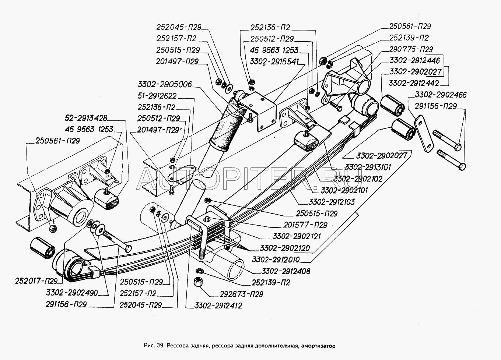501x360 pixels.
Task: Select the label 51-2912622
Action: pyautogui.click(x=156, y=96)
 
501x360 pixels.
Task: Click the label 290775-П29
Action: pyautogui.click(x=411, y=49)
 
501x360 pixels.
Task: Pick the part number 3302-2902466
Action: pyautogui.click(x=441, y=95)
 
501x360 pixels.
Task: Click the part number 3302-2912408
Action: pyautogui.click(x=286, y=271)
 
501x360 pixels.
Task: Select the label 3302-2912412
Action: pyautogui.click(x=214, y=306)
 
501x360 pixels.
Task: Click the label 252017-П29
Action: pyautogui.click(x=36, y=282)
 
